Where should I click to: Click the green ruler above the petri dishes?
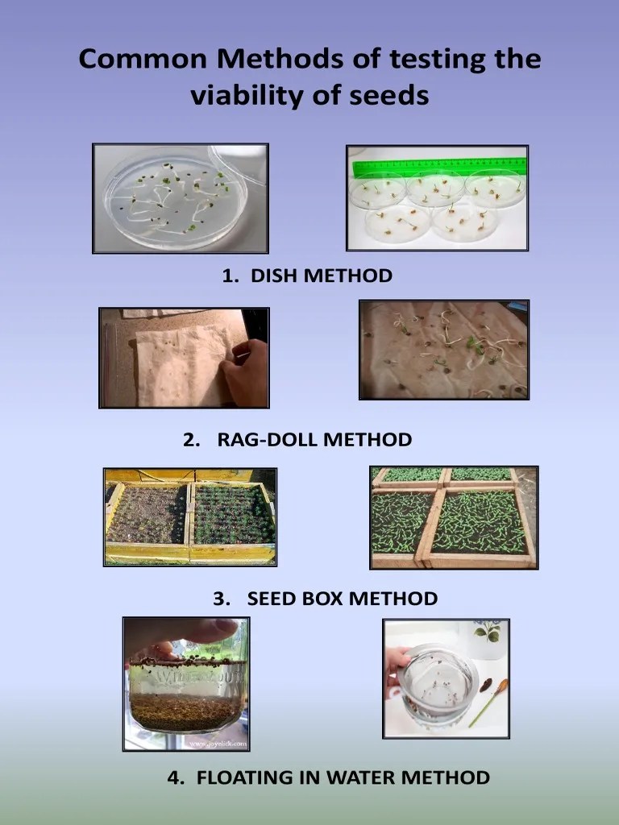pos(439,167)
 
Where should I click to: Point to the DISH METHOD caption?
pos(307,276)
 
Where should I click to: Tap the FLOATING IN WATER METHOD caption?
pos(328,777)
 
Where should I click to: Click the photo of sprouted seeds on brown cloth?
pos(443,350)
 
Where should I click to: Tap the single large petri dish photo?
pos(181,198)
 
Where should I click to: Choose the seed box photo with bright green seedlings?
pos(453,517)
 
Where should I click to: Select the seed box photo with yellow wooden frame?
pos(190,516)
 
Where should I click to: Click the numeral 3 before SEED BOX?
pos(218,599)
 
